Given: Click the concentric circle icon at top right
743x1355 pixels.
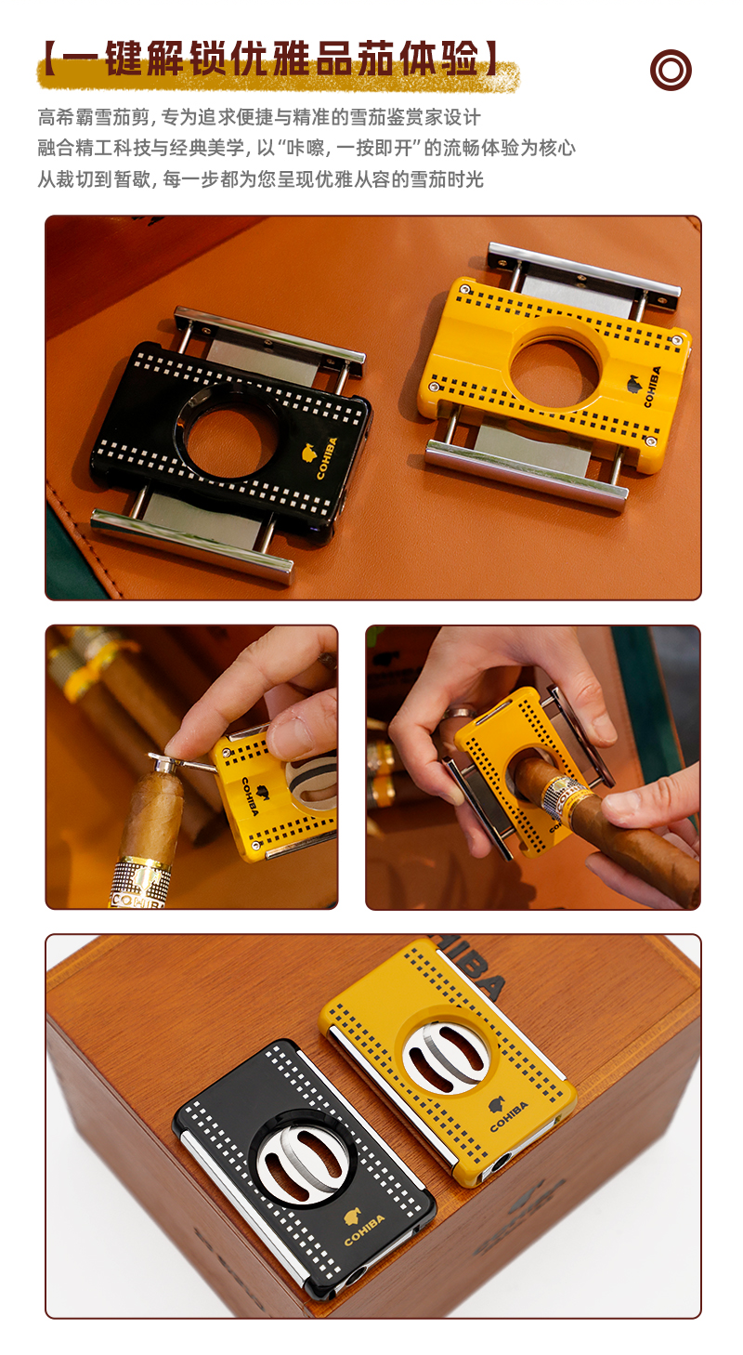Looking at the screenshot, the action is pyautogui.click(x=671, y=70).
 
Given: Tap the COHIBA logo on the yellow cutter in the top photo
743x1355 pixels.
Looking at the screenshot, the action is pyautogui.click(x=645, y=387).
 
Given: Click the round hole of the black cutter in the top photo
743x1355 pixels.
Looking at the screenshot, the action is pyautogui.click(x=224, y=443).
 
